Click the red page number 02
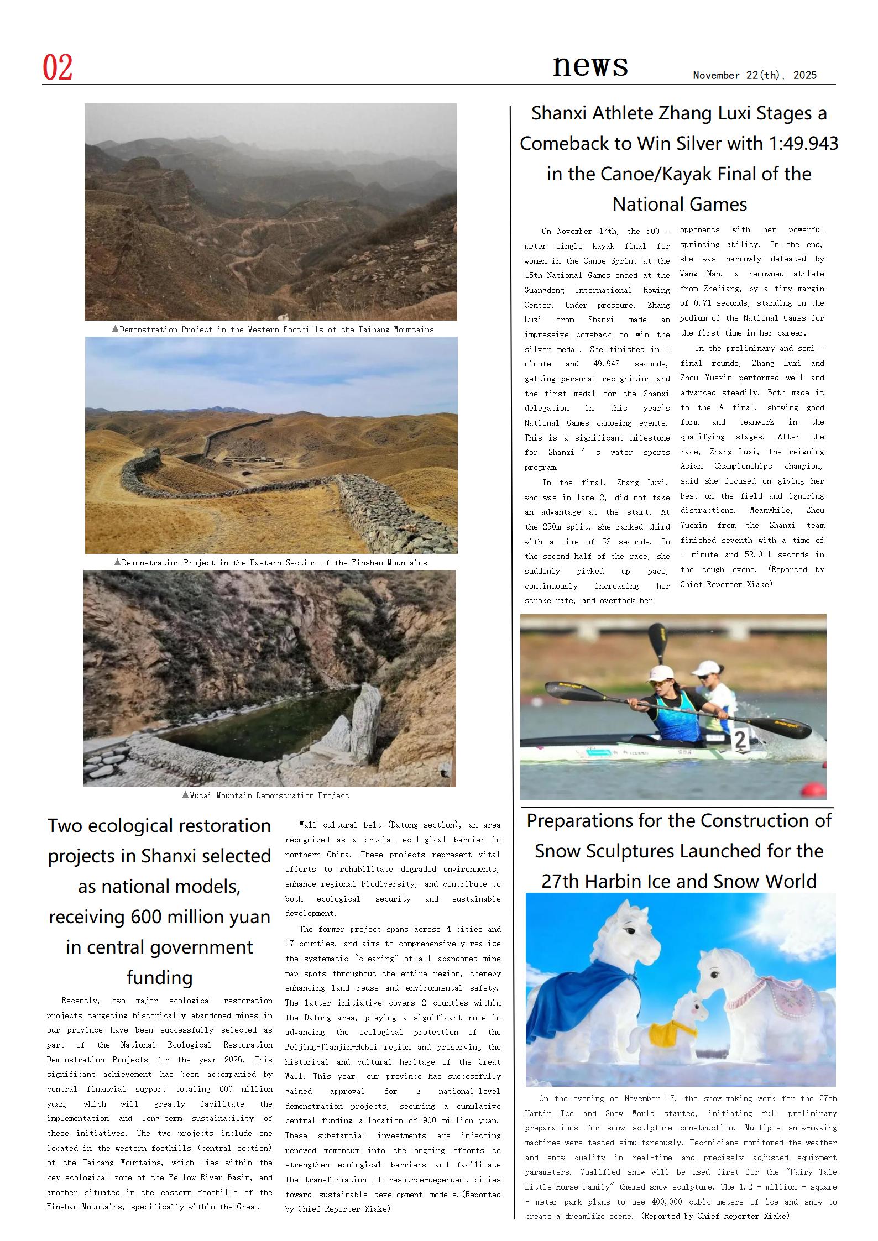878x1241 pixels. pos(58,68)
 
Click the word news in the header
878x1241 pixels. pos(590,65)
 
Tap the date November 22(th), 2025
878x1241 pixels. pos(754,76)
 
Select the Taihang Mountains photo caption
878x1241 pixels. pos(273,329)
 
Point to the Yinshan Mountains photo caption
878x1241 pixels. pos(270,563)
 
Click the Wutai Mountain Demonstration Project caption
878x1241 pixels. pos(265,795)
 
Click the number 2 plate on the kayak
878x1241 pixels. pos(741,740)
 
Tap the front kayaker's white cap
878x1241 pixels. pos(661,673)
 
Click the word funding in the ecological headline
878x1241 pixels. pos(159,977)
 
